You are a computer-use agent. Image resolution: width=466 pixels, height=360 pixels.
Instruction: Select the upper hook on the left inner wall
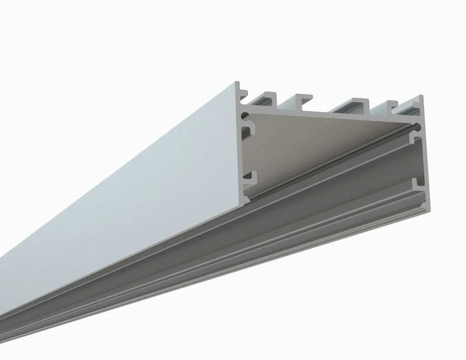[x=248, y=135]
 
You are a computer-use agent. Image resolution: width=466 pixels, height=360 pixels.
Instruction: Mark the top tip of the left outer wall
[x=239, y=84]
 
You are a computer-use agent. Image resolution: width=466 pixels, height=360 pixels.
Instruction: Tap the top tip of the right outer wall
[x=421, y=98]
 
